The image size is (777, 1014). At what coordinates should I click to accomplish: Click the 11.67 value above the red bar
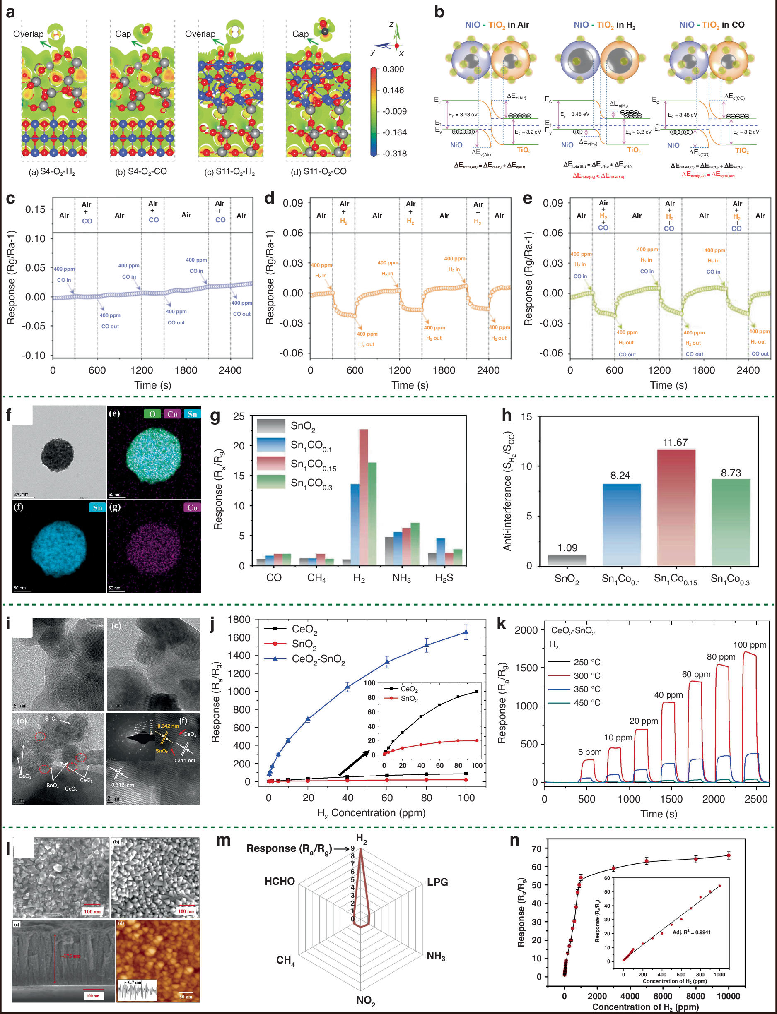[675, 442]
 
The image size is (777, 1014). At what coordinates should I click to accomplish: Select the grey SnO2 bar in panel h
[567, 560]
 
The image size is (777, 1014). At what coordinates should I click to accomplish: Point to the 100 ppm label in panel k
[749, 645]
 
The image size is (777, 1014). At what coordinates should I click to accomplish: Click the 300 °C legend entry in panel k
[586, 676]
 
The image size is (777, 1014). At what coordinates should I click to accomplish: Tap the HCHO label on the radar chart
[279, 882]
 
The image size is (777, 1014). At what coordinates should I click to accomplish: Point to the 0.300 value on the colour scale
[393, 70]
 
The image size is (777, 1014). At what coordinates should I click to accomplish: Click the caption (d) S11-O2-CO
[318, 171]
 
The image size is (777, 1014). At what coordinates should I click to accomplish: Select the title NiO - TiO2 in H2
[604, 25]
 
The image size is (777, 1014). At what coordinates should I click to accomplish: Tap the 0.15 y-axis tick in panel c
[35, 209]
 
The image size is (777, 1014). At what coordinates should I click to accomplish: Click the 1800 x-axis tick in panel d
[444, 370]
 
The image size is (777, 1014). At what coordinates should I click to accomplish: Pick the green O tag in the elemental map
[152, 414]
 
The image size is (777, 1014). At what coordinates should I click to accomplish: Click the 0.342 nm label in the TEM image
[167, 726]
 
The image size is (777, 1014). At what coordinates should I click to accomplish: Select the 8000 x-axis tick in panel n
[695, 996]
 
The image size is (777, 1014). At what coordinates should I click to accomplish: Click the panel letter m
[223, 840]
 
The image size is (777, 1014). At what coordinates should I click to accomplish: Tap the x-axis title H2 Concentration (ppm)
[371, 812]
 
